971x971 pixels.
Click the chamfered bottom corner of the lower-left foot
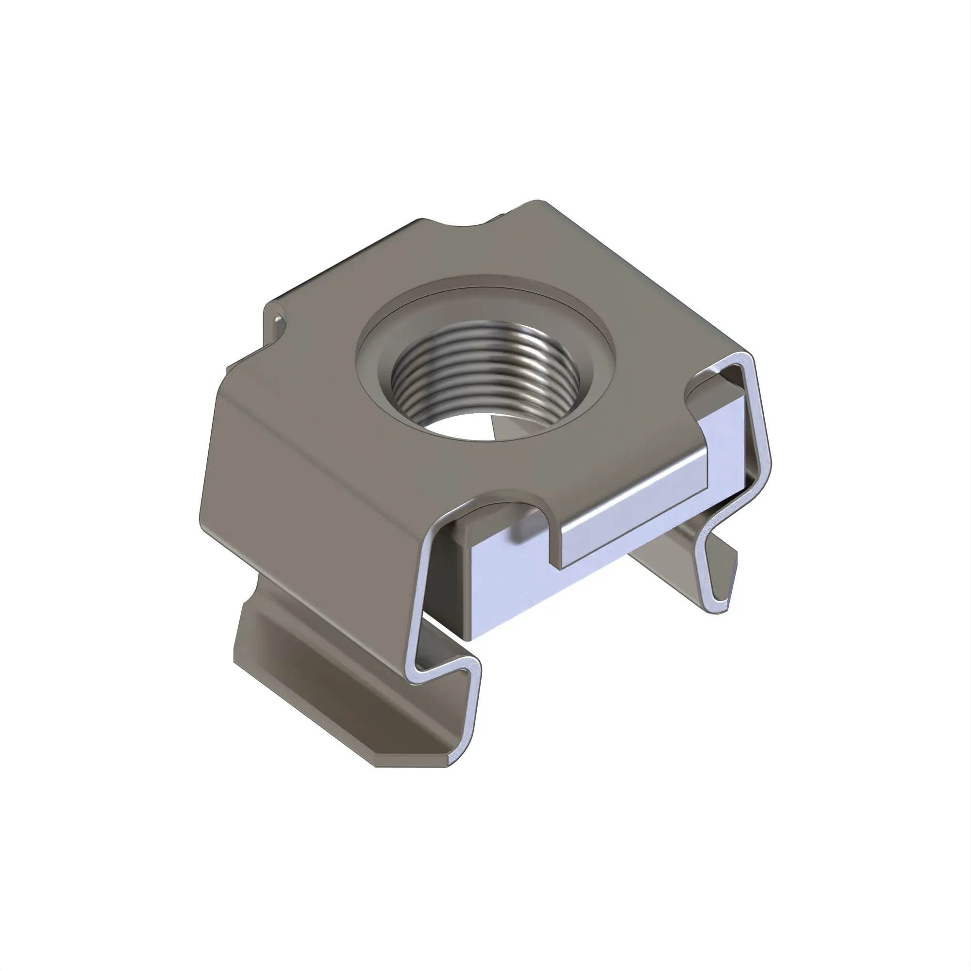(382, 764)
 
